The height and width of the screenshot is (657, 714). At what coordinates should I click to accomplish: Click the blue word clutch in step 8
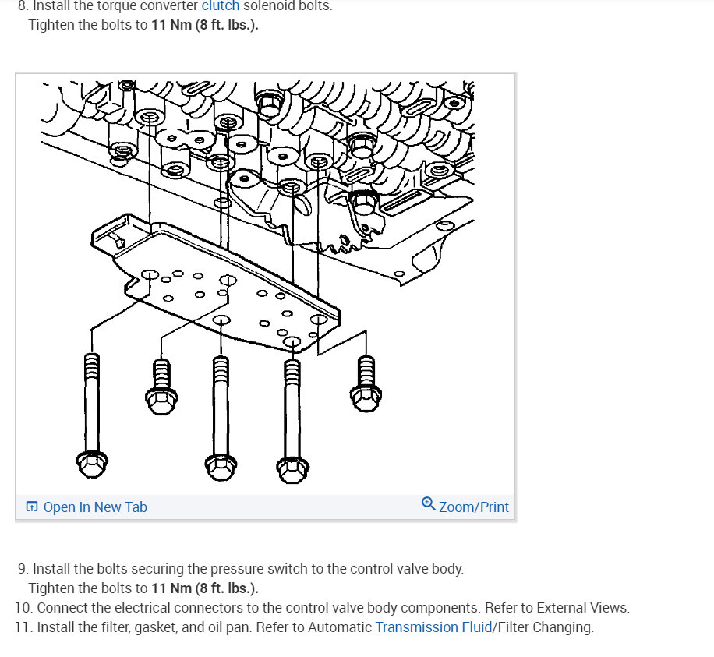(221, 5)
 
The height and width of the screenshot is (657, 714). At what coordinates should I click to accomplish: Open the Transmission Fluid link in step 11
(433, 627)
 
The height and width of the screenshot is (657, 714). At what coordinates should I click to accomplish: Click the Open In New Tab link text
(95, 507)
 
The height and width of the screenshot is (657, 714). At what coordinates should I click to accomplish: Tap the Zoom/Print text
(474, 507)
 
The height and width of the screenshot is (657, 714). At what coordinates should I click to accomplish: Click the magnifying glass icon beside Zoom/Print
(428, 504)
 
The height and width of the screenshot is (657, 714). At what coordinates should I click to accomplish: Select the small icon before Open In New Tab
(32, 507)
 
